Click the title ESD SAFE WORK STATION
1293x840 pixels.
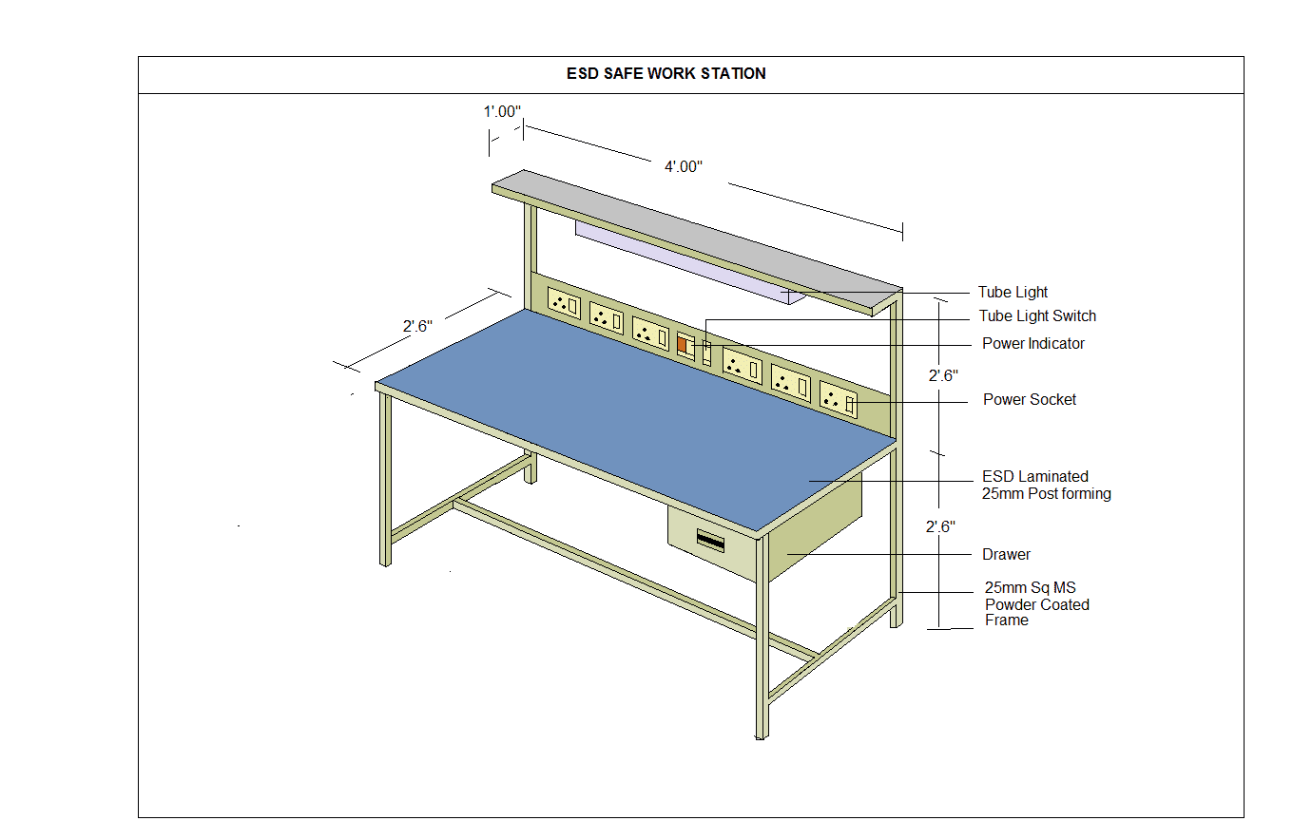tap(666, 73)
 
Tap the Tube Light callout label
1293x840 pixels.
tap(1013, 293)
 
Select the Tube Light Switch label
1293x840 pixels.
tap(1037, 316)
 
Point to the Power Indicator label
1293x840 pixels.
tap(1032, 344)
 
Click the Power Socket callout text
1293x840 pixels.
tap(1029, 400)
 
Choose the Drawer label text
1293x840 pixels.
tap(1006, 555)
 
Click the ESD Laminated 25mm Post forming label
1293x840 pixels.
tap(1046, 486)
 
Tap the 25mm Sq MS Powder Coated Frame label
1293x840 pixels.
tap(1036, 604)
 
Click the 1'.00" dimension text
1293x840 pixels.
tap(502, 112)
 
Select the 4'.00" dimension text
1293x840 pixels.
tap(683, 167)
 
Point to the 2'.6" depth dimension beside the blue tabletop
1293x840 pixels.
tap(416, 327)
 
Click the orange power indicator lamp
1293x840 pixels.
tap(683, 345)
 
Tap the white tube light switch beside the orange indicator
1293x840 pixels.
tap(706, 352)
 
